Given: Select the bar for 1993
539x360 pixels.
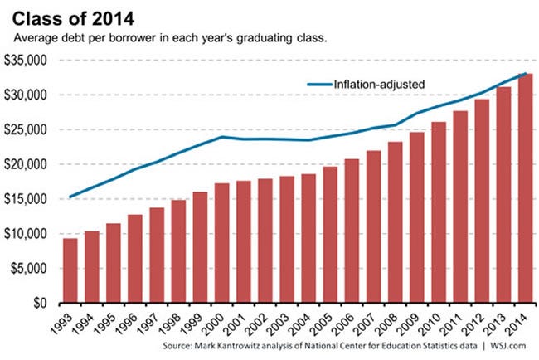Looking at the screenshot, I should [70, 270].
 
